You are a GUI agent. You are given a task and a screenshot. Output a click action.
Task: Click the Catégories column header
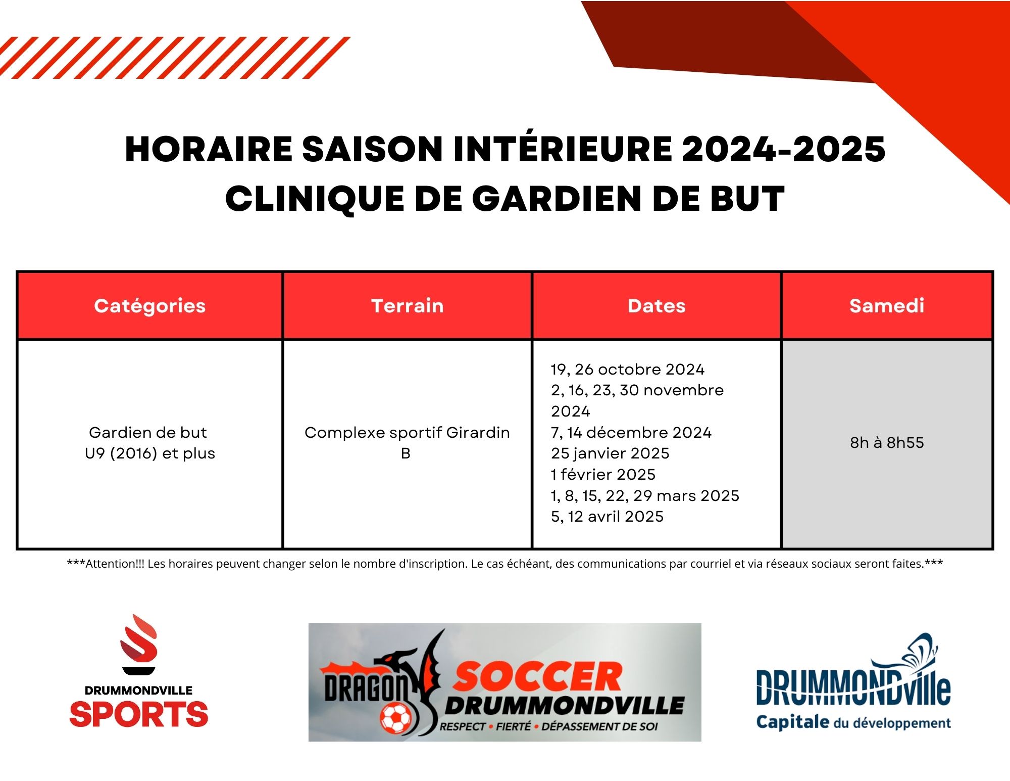pos(150,306)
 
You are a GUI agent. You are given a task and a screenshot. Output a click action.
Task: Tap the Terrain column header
pos(408,306)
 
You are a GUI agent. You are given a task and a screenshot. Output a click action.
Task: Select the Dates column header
pos(656,306)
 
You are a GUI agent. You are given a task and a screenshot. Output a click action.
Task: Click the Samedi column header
pos(887,306)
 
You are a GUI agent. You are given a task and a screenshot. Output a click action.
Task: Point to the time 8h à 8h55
pos(887,442)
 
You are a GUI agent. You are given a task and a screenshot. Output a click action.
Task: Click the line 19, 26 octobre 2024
pos(627,370)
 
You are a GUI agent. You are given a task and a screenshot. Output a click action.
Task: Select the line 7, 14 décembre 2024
pos(631,433)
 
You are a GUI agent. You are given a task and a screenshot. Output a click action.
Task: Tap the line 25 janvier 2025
pos(610,453)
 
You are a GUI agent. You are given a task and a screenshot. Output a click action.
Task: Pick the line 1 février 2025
pos(603,475)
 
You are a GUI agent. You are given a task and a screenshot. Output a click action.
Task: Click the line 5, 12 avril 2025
pos(607,517)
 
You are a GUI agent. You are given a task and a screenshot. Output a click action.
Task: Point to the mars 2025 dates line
pos(645,496)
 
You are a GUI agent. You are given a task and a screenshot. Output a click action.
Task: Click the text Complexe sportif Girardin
pos(407,433)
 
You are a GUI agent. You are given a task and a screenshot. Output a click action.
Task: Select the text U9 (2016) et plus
pos(150,453)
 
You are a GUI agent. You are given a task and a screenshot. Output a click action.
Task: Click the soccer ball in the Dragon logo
pos(396,718)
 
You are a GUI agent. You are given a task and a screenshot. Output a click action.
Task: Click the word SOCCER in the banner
pos(537,676)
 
